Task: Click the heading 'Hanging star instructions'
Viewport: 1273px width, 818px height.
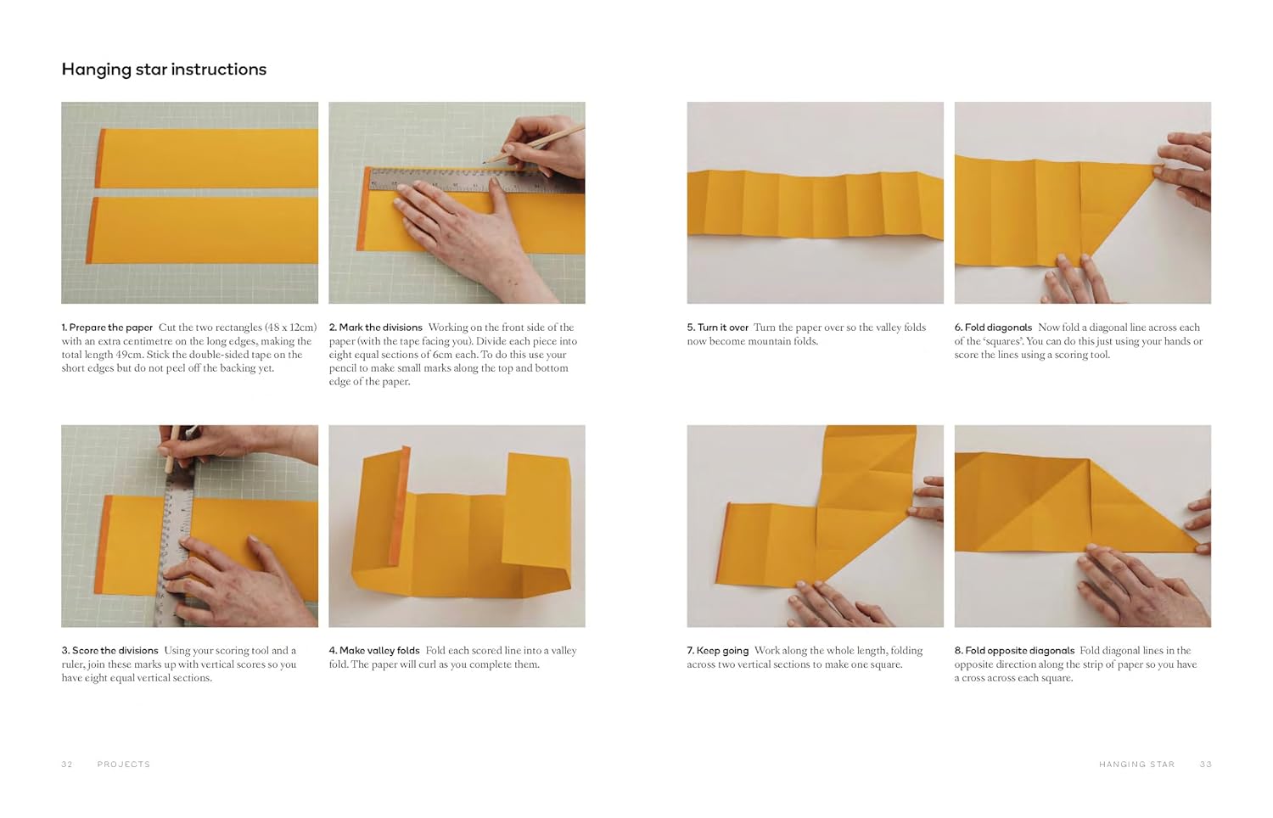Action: [164, 70]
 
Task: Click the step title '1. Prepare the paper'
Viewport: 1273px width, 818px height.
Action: [107, 328]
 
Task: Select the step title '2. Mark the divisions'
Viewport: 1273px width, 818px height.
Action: [375, 328]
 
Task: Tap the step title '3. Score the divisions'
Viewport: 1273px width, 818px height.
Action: [109, 651]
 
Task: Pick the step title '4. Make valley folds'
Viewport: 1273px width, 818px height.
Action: [374, 651]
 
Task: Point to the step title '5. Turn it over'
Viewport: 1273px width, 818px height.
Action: [717, 328]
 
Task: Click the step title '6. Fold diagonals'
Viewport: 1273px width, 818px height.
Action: [993, 328]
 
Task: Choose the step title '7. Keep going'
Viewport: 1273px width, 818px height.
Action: [717, 651]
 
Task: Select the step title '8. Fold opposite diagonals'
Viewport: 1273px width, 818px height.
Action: [1014, 651]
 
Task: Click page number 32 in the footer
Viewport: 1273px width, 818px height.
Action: [67, 765]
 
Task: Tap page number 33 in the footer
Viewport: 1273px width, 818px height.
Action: [1206, 765]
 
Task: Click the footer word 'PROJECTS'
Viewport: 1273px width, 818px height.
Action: [123, 765]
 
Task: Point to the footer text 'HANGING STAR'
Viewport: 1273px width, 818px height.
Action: [1136, 765]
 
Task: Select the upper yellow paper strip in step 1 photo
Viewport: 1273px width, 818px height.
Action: [204, 159]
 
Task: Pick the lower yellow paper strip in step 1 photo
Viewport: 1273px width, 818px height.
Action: [204, 230]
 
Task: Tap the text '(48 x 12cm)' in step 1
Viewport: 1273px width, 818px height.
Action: [290, 328]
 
